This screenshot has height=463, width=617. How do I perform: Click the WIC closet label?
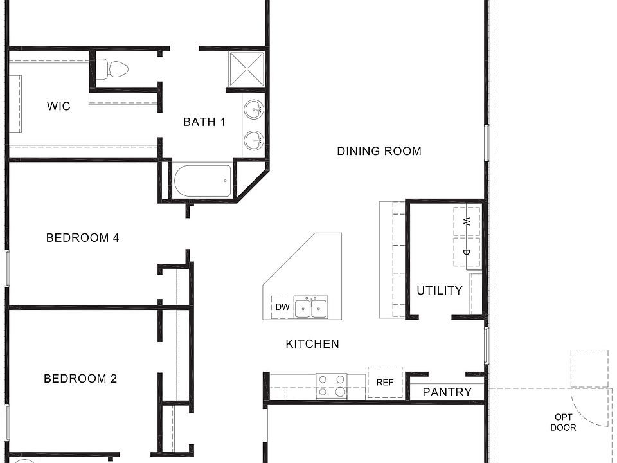pyautogui.click(x=58, y=106)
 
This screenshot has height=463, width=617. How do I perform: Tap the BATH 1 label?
pyautogui.click(x=204, y=122)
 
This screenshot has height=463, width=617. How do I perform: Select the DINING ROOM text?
pyautogui.click(x=379, y=151)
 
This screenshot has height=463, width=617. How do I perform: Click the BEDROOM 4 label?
pyautogui.click(x=83, y=238)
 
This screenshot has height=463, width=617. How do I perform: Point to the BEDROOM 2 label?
pyautogui.click(x=80, y=379)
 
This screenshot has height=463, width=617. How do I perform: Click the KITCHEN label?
pyautogui.click(x=312, y=344)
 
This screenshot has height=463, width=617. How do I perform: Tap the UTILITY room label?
pyautogui.click(x=440, y=291)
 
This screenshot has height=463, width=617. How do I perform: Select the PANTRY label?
pyautogui.click(x=447, y=392)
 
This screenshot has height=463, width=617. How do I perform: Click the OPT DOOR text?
pyautogui.click(x=563, y=422)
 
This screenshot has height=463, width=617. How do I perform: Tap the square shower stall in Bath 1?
pyautogui.click(x=247, y=69)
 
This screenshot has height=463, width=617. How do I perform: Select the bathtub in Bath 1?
pyautogui.click(x=202, y=181)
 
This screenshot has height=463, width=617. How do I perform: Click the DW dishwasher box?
pyautogui.click(x=283, y=307)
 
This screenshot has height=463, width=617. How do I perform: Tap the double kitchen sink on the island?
pyautogui.click(x=311, y=307)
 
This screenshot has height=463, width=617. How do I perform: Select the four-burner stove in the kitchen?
pyautogui.click(x=331, y=386)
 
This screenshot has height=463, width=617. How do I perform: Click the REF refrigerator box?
pyautogui.click(x=385, y=382)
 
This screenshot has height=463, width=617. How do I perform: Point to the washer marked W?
pyautogui.click(x=467, y=222)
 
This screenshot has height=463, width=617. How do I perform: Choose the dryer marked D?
pyautogui.click(x=467, y=251)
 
